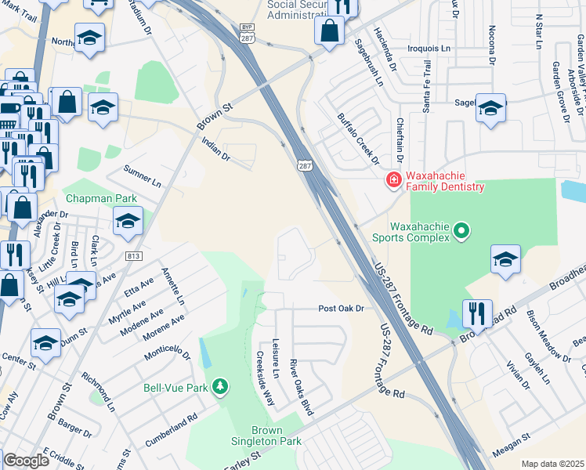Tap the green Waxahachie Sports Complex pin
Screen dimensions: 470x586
[x=461, y=230]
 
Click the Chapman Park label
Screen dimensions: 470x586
[x=96, y=199]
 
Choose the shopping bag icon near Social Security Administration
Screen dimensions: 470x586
[x=330, y=31]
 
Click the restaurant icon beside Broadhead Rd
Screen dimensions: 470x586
[x=476, y=313]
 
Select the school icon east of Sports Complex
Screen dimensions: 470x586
[x=505, y=259]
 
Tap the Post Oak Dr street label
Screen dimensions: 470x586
[x=342, y=309]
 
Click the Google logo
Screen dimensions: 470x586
[x=26, y=461]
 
